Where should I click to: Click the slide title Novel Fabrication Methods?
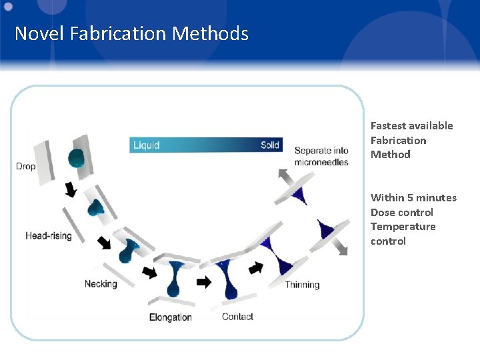pos(131,33)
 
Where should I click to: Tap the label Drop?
pos(26,166)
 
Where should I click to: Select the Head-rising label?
pos(49,235)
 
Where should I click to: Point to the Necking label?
pos(101,284)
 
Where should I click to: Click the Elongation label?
pos(171,317)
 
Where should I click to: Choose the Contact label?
pos(237,317)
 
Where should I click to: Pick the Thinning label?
pos(302,285)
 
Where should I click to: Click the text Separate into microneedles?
pos(321,156)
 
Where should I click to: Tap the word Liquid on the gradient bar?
pos(147,145)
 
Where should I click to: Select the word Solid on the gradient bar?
pos(270,145)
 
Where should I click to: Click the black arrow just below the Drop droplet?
pos(69,191)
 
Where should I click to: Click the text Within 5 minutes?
pos(413,197)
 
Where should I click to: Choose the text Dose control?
pos(401,212)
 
